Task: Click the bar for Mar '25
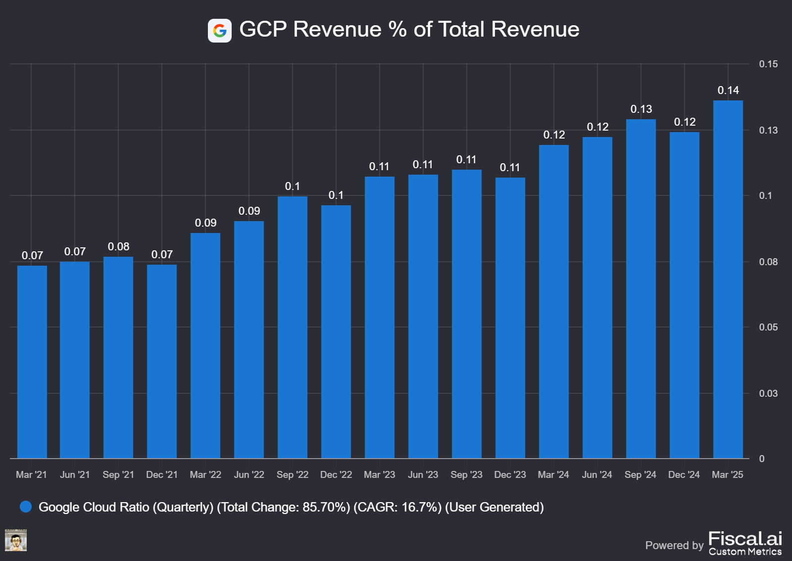point(728,280)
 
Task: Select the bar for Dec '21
point(162,362)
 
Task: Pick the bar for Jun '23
point(423,317)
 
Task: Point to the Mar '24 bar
point(554,302)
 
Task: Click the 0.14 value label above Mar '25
point(728,91)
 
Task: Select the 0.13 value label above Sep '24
point(641,109)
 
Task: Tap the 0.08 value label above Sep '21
point(118,247)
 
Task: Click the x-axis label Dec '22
point(336,475)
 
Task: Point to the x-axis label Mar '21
point(31,475)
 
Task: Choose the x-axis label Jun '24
point(597,475)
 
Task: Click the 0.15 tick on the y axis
point(768,64)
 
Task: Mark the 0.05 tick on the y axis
point(768,327)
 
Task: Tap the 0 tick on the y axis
point(762,459)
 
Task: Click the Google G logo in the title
point(220,31)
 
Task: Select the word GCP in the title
point(263,30)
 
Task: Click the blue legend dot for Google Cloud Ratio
point(26,507)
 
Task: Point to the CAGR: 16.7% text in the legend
point(397,508)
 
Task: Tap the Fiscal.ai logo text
point(745,539)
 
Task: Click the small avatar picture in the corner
point(16,540)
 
